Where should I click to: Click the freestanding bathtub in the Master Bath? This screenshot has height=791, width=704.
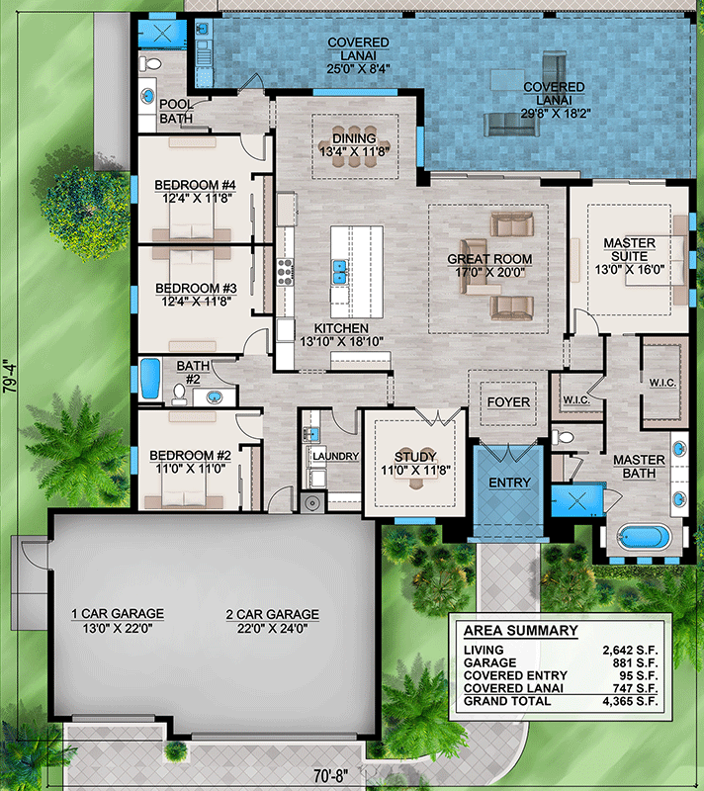(645, 538)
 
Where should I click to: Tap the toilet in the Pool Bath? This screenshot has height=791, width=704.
(150, 64)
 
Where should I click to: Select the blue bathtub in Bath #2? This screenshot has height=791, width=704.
(149, 379)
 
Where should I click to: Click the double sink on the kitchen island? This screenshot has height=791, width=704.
(339, 271)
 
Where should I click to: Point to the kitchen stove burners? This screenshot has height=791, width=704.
(285, 273)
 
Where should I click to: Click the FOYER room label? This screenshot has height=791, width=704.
(508, 402)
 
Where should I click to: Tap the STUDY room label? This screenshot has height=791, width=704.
(415, 457)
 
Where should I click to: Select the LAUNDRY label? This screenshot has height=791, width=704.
(335, 456)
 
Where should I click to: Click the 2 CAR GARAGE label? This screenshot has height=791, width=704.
(272, 614)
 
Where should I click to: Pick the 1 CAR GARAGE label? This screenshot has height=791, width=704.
(118, 613)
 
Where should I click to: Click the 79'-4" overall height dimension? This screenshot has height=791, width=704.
(9, 376)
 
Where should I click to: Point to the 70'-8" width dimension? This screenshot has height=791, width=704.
(331, 776)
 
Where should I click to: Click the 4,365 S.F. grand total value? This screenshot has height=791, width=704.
(630, 701)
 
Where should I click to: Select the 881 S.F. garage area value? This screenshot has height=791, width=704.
(635, 662)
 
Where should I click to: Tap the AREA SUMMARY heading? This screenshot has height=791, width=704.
(520, 631)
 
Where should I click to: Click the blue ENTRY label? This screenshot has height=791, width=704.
(509, 483)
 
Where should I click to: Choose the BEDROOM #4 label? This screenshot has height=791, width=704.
(195, 185)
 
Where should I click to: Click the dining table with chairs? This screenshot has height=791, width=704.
(355, 145)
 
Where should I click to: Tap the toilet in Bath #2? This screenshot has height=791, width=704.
(179, 394)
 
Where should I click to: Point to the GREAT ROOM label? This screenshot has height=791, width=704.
(489, 259)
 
